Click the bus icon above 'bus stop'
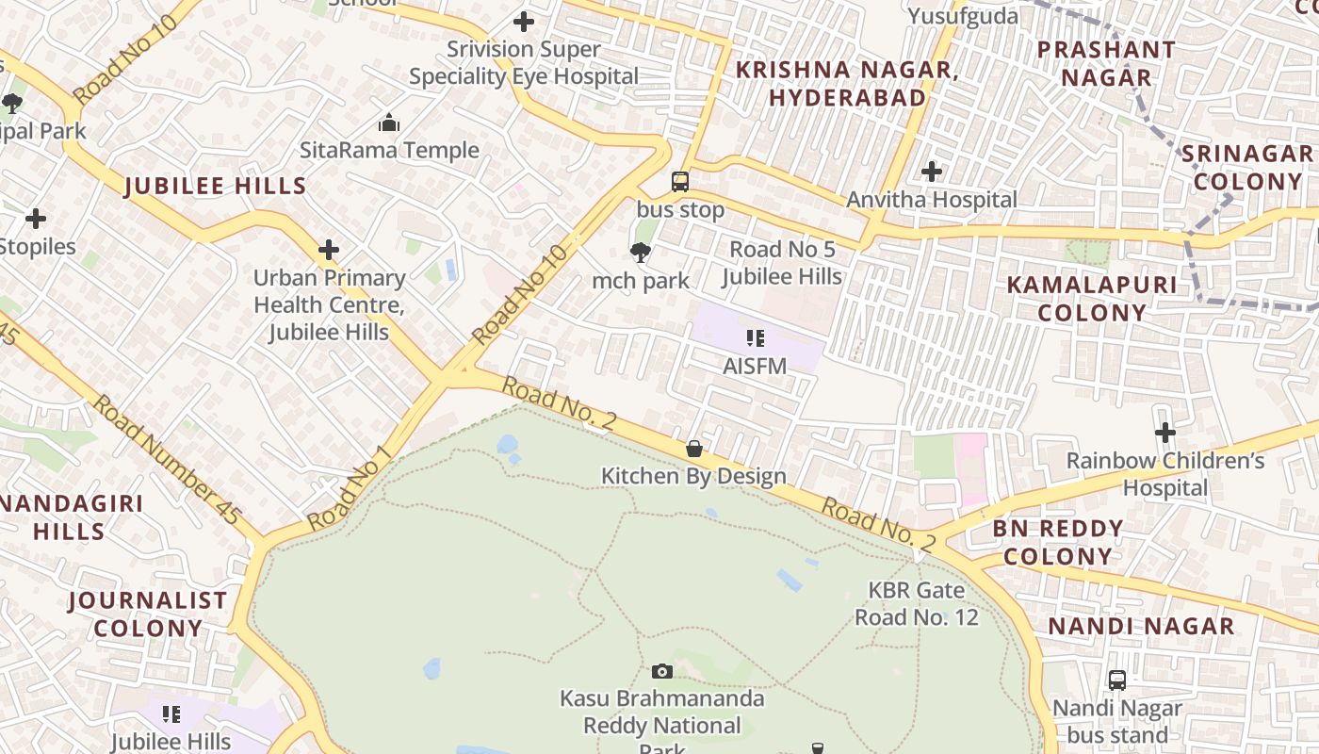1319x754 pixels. [x=679, y=182]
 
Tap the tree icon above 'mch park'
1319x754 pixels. [x=641, y=253]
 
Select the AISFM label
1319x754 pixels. [x=755, y=366]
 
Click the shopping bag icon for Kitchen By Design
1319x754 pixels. [x=694, y=449]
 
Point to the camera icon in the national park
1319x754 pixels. [x=662, y=671]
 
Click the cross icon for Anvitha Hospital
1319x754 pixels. [x=932, y=172]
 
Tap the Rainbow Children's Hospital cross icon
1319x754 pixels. [x=1165, y=433]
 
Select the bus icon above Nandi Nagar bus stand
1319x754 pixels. [x=1117, y=680]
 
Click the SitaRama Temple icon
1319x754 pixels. [x=388, y=123]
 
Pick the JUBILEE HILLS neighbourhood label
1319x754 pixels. [x=216, y=186]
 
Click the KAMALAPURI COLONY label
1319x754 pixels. [x=1092, y=299]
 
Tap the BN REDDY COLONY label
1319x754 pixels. [x=1057, y=542]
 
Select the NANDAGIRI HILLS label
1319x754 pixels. [x=70, y=517]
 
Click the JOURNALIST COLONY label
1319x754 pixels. [x=148, y=614]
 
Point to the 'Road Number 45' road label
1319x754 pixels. [x=166, y=459]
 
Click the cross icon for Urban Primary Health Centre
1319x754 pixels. [x=328, y=250]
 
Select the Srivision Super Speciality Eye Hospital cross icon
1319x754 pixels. [x=524, y=21]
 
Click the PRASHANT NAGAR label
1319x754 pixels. [x=1106, y=63]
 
